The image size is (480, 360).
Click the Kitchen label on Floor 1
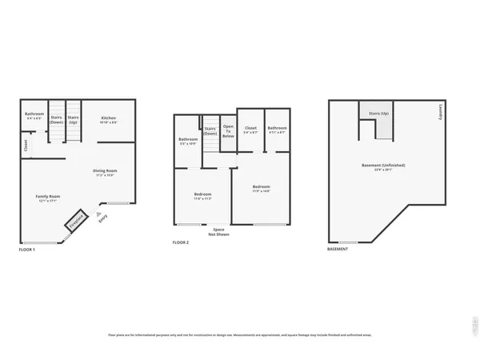(108, 118)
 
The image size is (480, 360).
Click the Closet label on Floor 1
(26, 146)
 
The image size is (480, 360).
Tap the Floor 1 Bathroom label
(34, 114)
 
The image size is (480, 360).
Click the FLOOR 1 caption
(27, 250)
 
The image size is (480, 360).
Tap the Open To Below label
(228, 131)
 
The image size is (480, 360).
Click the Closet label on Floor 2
(250, 128)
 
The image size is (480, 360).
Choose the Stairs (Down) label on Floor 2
(210, 131)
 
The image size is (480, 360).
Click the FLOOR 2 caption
(181, 242)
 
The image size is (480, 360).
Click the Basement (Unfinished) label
(383, 166)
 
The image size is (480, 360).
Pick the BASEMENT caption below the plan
(338, 250)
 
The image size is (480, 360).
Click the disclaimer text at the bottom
(240, 334)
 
